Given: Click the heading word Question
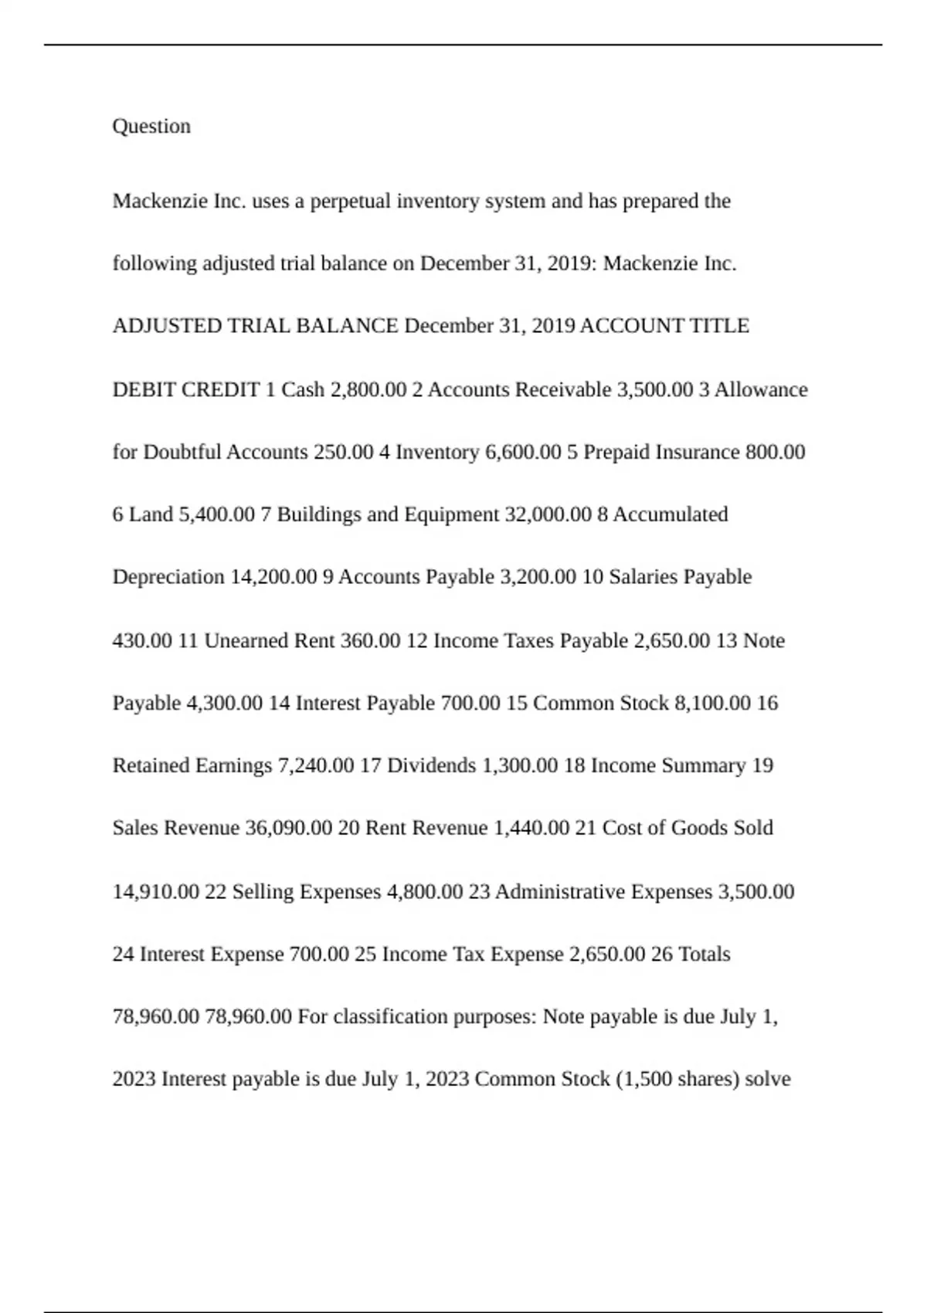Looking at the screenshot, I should click(151, 126).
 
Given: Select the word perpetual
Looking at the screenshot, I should click(351, 201).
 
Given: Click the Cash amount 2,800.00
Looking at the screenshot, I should click(368, 389).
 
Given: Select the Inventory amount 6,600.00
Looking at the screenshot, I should click(523, 452).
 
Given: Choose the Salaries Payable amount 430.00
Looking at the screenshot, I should click(142, 640).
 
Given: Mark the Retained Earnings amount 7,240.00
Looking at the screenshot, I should click(316, 765).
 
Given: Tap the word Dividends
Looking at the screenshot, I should click(431, 765).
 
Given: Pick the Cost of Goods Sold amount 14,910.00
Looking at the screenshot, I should click(155, 891).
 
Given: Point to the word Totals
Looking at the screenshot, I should click(704, 954).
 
